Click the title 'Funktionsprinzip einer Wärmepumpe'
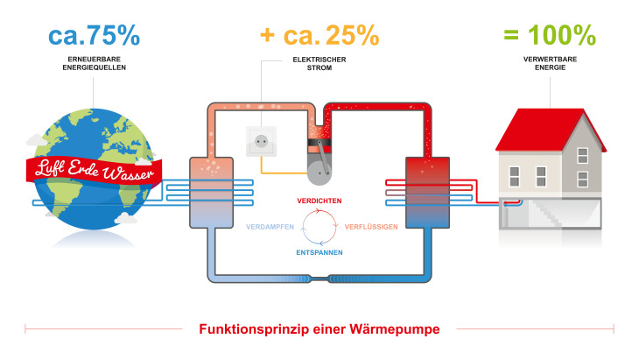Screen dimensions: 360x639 point(319,329)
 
